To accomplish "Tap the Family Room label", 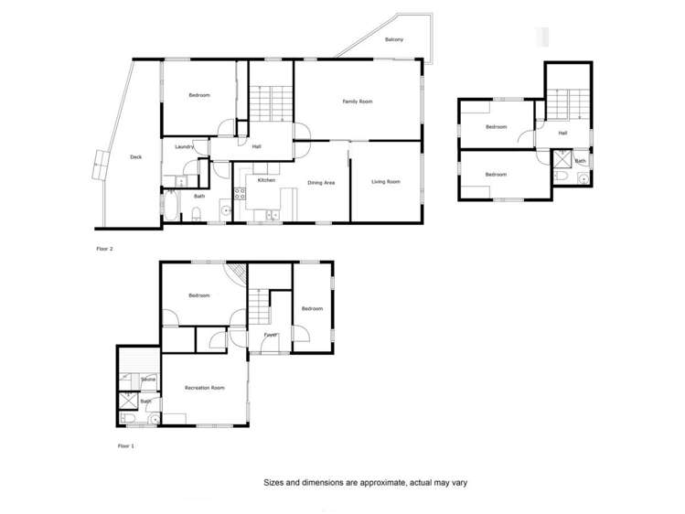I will pos(358,102).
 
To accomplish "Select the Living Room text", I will pos(386,182).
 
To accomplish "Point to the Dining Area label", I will pos(321,183).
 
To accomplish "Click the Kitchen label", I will pos(266,180).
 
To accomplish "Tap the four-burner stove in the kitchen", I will pos(241,193).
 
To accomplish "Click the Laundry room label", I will pos(183,146).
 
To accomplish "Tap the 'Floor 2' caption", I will pos(104,248).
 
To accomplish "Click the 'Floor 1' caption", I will pos(125,445).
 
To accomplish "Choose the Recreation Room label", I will pos(205,388).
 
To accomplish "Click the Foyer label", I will pos(271,335).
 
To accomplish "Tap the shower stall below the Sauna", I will pos(127,401).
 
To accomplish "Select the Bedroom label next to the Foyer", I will pos(312,308).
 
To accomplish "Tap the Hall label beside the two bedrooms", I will pos(562,134).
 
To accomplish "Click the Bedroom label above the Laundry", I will pos(199,95).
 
